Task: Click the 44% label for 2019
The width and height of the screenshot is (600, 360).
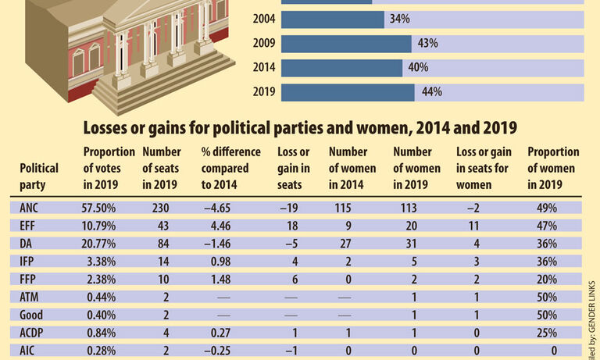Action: [x=432, y=92]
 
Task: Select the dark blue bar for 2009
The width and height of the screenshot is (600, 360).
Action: [x=346, y=44]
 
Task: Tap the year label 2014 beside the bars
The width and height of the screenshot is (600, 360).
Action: [x=264, y=68]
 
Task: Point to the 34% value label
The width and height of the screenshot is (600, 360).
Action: [x=399, y=19]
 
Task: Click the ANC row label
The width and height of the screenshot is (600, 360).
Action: [x=30, y=208]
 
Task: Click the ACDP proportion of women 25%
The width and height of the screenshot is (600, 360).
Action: [x=546, y=333]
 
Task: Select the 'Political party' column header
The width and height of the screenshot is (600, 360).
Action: [x=39, y=176]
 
